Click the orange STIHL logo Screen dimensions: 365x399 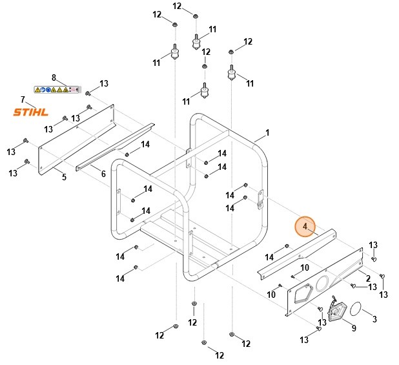click(31, 112)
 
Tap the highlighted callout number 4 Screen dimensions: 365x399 click(305, 227)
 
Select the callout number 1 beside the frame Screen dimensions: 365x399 click(267, 133)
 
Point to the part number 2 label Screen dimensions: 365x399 click(368, 278)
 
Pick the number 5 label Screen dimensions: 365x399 click(64, 178)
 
